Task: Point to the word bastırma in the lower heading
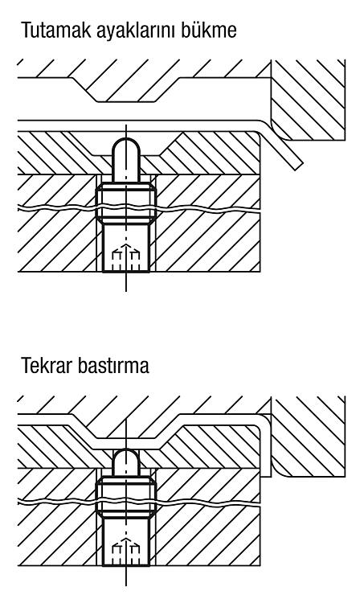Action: [x=113, y=366]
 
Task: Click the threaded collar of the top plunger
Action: [x=125, y=203]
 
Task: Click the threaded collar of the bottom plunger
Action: [x=125, y=497]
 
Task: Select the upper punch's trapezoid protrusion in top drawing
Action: [x=127, y=90]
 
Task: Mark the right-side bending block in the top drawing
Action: [x=307, y=100]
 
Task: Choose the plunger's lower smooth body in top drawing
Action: [x=125, y=248]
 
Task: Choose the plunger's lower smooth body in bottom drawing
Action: [x=125, y=541]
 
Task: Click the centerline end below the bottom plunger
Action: [x=126, y=585]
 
